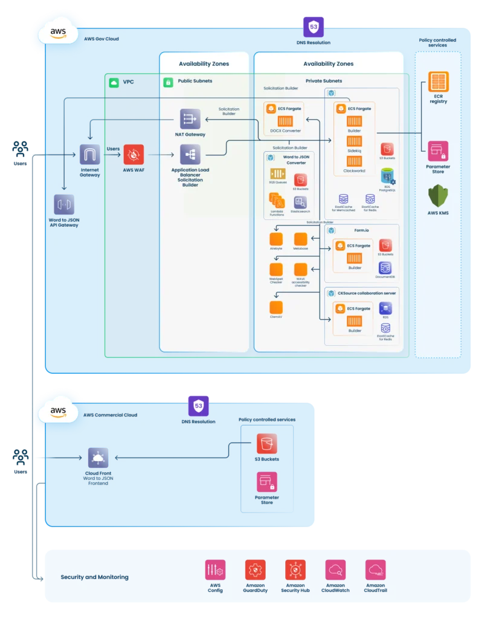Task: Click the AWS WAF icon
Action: (134, 155)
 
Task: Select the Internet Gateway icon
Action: (90, 155)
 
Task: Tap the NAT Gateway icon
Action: (190, 119)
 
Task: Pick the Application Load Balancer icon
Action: (190, 155)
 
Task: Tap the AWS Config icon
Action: (215, 569)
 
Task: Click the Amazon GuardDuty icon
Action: (255, 569)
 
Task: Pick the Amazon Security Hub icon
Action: (295, 569)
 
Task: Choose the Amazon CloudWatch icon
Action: (335, 569)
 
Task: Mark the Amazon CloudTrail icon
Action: (375, 569)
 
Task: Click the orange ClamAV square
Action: (276, 307)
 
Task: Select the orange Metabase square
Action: (300, 239)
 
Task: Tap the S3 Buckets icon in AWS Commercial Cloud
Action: (266, 444)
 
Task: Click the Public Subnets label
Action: (195, 81)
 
